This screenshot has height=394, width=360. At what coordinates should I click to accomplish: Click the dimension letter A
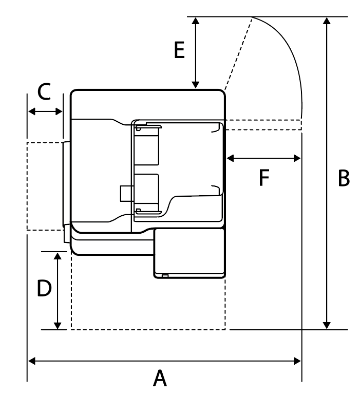click(x=161, y=379)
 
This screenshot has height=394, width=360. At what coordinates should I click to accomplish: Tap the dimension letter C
click(x=44, y=92)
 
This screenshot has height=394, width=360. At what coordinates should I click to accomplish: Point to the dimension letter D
click(x=44, y=288)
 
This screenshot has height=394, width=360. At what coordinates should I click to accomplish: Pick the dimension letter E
click(x=179, y=51)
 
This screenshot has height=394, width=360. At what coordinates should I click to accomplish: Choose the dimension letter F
click(x=263, y=178)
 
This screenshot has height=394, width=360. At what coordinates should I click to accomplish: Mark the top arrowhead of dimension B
click(x=326, y=20)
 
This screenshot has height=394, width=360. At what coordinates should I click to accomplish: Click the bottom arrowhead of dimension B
click(x=326, y=325)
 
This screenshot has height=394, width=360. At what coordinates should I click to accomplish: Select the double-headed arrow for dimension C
click(x=45, y=111)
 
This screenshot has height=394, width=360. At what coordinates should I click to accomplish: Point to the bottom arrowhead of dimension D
click(x=58, y=325)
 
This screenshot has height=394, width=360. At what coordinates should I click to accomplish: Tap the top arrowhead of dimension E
click(x=195, y=20)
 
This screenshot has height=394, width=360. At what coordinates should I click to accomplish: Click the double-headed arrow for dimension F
click(x=263, y=158)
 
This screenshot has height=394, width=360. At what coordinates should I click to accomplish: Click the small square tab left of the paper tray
click(x=125, y=193)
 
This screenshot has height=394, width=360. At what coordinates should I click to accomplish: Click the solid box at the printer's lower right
click(x=190, y=253)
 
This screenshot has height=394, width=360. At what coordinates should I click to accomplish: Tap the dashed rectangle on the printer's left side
click(x=45, y=186)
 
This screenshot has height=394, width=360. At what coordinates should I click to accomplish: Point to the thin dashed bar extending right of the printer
click(x=263, y=125)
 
